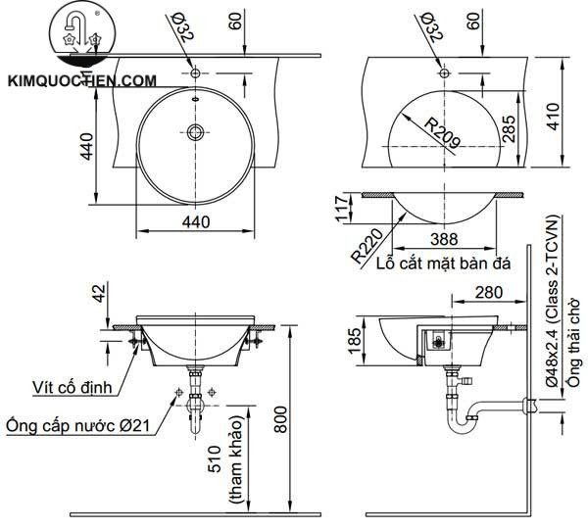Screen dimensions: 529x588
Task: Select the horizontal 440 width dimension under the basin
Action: (196, 222)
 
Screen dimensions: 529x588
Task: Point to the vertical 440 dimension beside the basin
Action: (86, 147)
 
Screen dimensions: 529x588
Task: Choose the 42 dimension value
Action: (96, 294)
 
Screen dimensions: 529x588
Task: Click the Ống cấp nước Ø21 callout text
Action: (76, 426)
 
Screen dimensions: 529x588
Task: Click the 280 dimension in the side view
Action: (489, 292)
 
